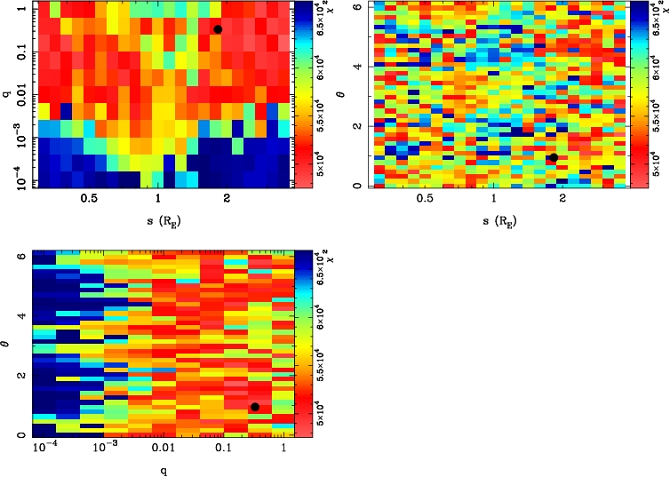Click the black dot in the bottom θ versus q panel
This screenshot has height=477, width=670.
point(255,407)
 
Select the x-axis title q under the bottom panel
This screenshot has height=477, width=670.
point(164,472)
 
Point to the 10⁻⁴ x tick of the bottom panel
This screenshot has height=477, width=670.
point(44,450)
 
